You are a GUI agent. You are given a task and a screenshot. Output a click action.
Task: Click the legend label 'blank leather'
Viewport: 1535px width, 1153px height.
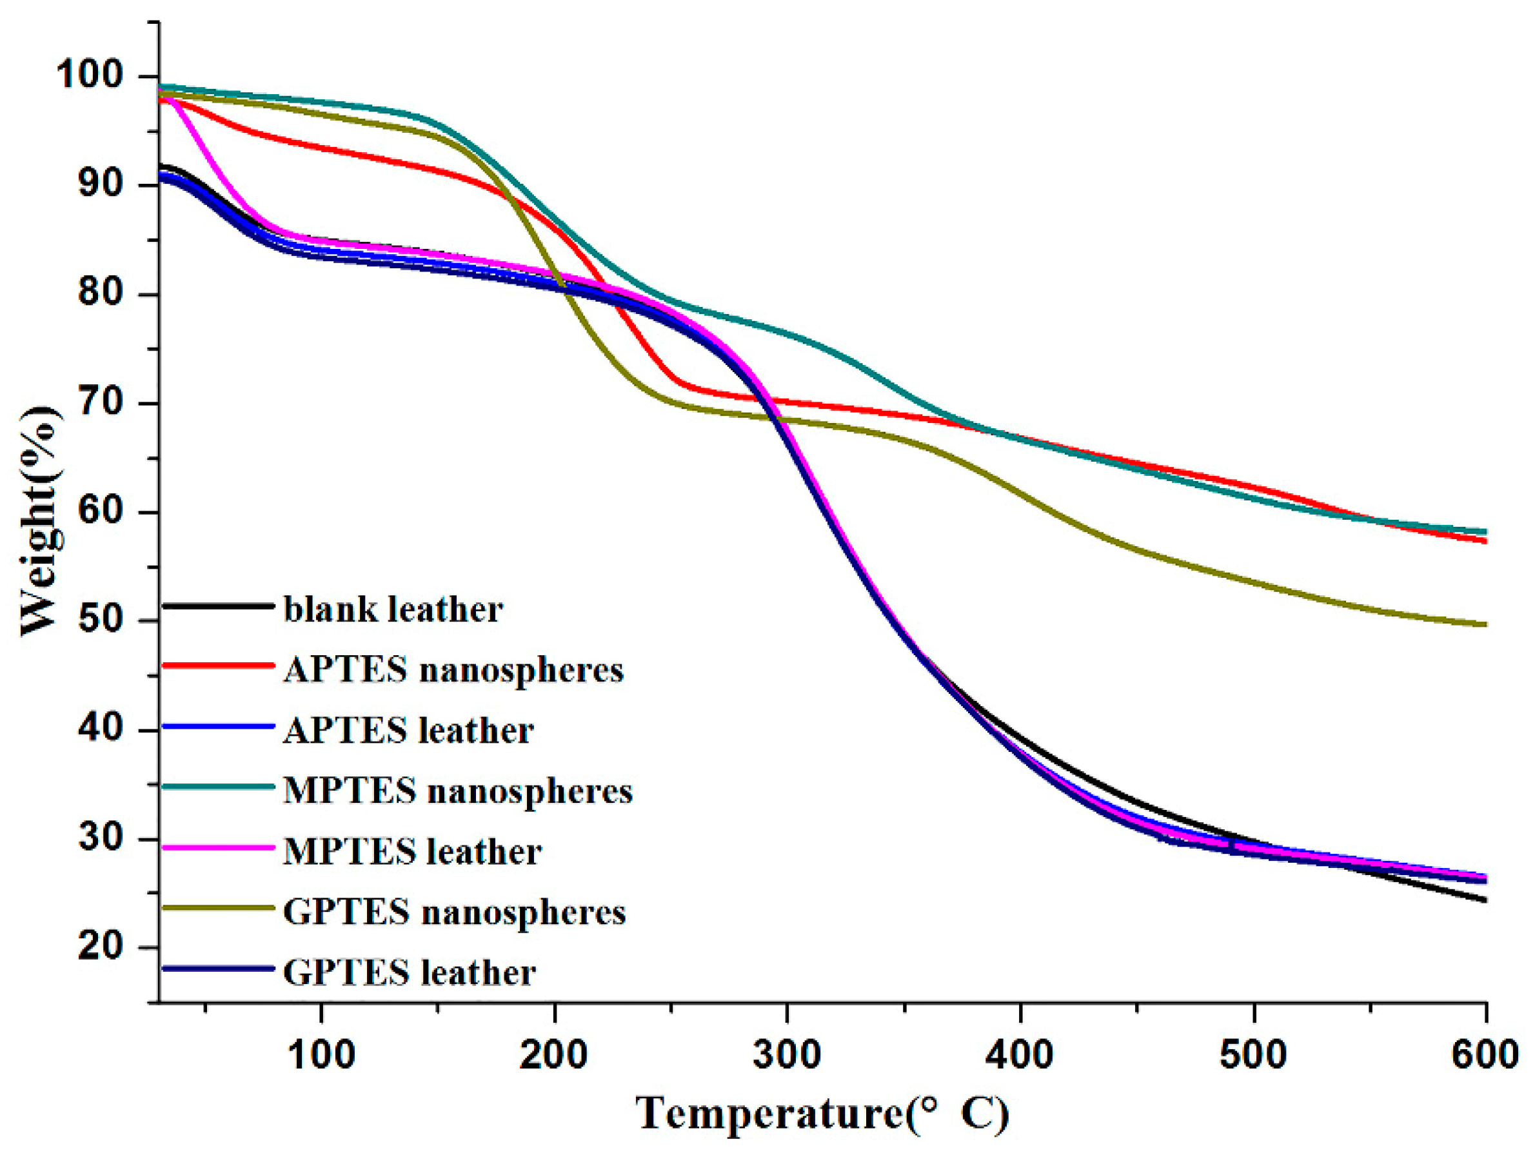[x=393, y=610]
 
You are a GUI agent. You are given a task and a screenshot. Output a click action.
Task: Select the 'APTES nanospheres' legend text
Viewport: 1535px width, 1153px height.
[x=453, y=670]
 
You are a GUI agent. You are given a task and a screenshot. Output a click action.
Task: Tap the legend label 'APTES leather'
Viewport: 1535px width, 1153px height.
[x=408, y=731]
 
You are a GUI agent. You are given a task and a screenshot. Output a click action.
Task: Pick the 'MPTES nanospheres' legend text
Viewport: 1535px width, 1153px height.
[x=458, y=791]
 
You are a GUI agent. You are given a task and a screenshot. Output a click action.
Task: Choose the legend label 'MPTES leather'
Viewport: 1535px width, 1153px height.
[x=412, y=851]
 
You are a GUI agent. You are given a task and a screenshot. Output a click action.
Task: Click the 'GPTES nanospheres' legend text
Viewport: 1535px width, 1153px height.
[x=455, y=912]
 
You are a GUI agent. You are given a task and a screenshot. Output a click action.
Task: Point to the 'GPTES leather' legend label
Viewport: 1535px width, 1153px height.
[x=409, y=972]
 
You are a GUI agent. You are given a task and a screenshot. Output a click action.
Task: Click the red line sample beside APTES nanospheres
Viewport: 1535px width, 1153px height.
[x=218, y=665]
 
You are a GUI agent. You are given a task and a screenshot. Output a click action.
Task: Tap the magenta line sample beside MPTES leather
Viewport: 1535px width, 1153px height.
[x=218, y=847]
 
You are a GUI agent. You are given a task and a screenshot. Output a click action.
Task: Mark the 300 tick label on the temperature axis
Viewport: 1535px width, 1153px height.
[x=787, y=1055]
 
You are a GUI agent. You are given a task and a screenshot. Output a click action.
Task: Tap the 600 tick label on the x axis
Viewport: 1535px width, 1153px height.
[x=1485, y=1055]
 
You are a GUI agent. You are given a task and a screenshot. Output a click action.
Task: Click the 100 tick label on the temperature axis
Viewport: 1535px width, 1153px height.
[x=321, y=1055]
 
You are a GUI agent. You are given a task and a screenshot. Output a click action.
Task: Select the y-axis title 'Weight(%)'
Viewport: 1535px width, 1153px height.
[x=40, y=520]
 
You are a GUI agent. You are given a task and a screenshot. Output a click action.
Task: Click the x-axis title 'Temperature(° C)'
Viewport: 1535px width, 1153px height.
[x=822, y=1114]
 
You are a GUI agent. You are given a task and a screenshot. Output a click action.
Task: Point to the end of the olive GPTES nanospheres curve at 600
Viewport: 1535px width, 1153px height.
[x=1483, y=624]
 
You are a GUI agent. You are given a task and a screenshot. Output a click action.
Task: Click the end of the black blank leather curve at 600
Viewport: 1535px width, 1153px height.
[x=1483, y=900]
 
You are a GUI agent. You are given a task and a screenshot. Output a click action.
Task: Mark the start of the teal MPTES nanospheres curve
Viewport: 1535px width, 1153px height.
[x=162, y=86]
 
